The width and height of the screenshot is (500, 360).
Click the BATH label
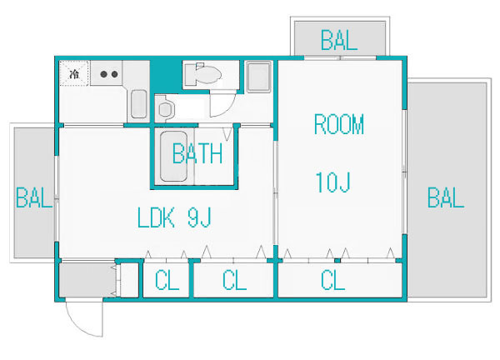coord(197,153)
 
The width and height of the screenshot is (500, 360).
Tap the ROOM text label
coord(339,123)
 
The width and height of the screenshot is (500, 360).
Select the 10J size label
coord(332,182)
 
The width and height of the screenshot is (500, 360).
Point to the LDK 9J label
coord(174,217)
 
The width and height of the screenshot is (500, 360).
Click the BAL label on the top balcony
coord(338,40)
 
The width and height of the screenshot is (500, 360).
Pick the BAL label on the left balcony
coord(34,197)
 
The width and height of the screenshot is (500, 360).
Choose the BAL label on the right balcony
coord(446,197)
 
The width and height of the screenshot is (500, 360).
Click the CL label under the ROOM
coord(332,280)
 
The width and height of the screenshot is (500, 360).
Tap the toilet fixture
coord(203,75)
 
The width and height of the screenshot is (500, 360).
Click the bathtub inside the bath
coord(173,156)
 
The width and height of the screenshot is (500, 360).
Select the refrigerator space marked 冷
coord(73,73)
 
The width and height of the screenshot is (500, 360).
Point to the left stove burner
coord(103,74)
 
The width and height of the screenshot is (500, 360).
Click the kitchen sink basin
coord(138,104)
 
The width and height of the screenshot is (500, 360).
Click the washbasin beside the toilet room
coord(165,108)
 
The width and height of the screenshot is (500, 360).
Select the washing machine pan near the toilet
coord(259,77)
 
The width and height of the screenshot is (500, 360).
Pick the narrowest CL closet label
coord(167,280)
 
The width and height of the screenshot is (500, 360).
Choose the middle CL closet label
coord(234,280)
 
